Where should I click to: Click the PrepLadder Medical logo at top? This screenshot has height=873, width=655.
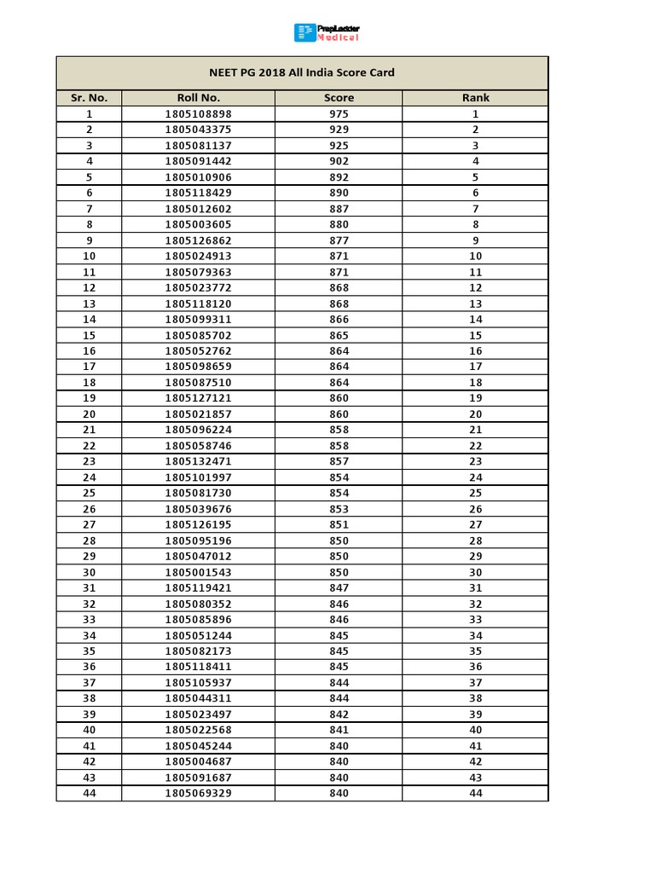(327, 33)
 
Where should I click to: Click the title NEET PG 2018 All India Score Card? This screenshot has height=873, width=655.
(303, 72)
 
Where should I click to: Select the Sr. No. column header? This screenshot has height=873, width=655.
(89, 98)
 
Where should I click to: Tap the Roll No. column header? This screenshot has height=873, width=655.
(198, 98)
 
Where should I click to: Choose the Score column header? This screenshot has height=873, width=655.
(339, 98)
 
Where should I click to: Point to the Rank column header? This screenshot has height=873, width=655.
(475, 98)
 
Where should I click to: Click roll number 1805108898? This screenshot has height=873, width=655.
(198, 114)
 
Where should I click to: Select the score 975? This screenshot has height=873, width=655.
(339, 114)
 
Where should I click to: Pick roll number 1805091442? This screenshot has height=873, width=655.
(198, 161)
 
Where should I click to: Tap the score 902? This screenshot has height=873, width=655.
(339, 161)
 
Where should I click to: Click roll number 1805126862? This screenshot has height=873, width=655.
(198, 240)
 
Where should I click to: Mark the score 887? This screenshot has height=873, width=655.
(339, 209)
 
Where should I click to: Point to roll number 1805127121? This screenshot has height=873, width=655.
(198, 398)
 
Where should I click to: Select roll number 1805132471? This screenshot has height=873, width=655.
(198, 461)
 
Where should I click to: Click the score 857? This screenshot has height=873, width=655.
(339, 461)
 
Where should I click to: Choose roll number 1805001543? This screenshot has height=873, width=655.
(198, 572)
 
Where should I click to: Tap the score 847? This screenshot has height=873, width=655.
(339, 588)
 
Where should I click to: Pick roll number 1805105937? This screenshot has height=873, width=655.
(198, 683)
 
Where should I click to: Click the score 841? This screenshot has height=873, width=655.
(339, 730)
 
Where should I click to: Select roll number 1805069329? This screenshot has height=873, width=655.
(198, 793)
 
